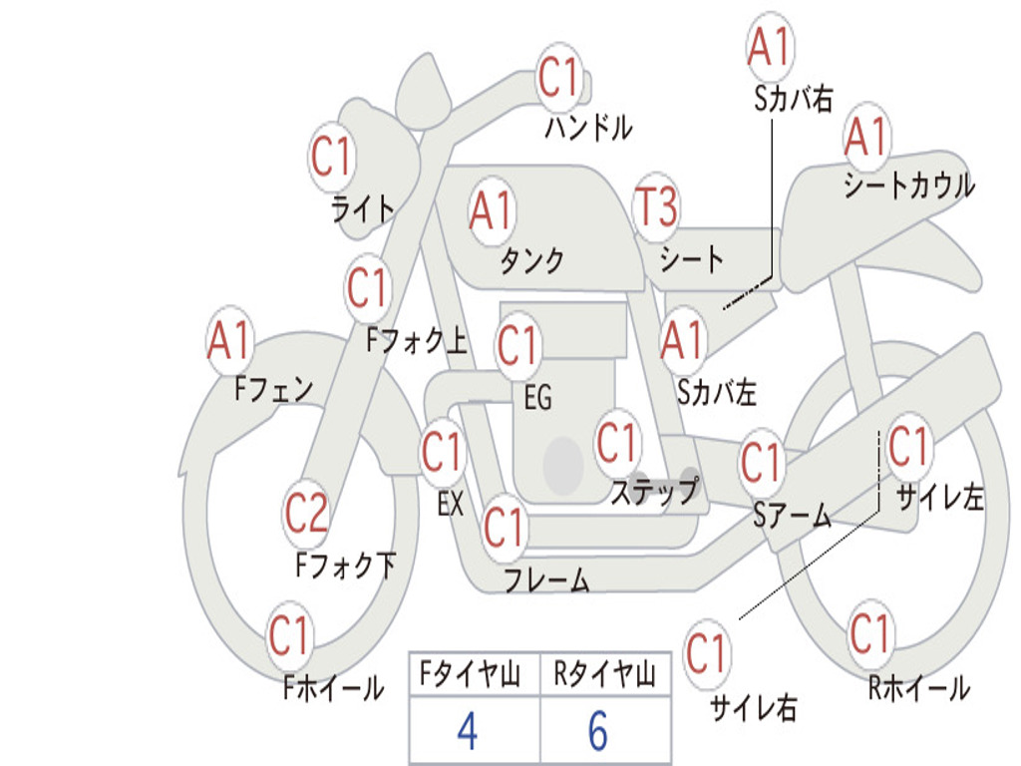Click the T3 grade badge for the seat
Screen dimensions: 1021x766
656,207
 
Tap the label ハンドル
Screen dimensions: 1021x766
588,128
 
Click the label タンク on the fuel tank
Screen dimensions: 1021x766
531,261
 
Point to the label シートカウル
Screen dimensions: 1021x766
908,186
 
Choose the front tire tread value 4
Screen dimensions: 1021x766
467,731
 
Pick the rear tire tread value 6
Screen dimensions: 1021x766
597,731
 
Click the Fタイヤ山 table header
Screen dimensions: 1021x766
467,676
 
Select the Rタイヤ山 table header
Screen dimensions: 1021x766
604,676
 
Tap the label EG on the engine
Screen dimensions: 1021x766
537,398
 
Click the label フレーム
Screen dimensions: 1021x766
546,579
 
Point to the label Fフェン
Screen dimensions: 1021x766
274,388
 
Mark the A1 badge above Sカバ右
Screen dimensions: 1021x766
769,46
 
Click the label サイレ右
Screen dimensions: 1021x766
754,708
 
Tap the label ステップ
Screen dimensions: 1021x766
654,492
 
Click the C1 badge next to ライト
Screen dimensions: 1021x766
331,158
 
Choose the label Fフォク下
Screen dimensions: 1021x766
345,567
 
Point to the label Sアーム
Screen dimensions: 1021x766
793,515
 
